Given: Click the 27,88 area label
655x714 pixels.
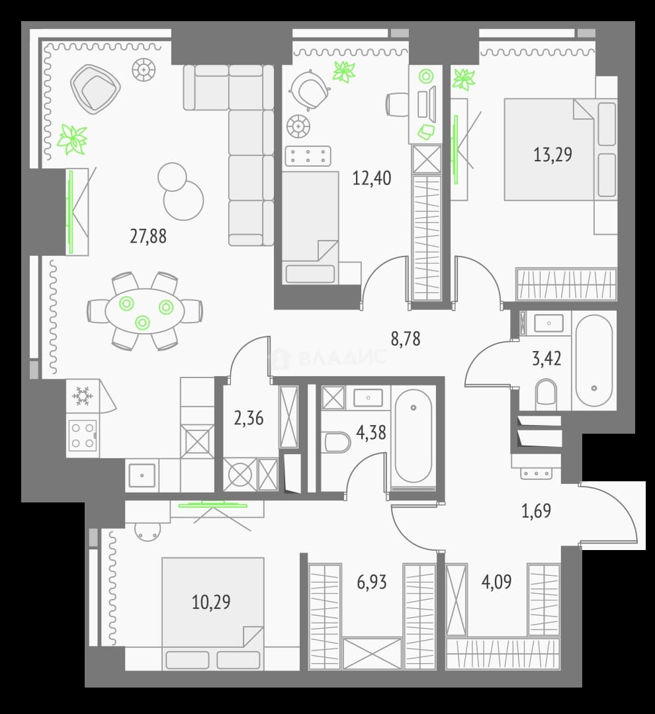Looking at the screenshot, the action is click(148, 236).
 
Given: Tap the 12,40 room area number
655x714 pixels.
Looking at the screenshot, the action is click(372, 178).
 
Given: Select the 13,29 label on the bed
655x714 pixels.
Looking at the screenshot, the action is click(552, 155).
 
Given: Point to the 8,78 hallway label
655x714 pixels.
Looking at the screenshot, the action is click(406, 338).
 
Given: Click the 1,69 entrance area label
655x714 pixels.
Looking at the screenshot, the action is click(536, 511).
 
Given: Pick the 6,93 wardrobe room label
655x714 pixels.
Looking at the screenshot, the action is click(371, 582).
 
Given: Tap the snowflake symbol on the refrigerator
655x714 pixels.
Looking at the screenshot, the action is click(82, 396).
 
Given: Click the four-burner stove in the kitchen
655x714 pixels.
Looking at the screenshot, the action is click(83, 435).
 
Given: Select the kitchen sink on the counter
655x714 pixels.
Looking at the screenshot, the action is click(142, 475).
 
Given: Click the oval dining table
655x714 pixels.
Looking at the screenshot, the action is click(145, 311).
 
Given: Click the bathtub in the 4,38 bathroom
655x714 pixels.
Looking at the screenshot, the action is click(413, 436).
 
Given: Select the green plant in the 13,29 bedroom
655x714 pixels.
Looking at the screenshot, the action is click(464, 79).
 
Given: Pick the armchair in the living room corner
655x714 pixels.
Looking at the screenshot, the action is click(95, 89).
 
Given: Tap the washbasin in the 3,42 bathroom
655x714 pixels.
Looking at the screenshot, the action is click(548, 323).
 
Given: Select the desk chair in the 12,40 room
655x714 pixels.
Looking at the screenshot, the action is click(309, 90).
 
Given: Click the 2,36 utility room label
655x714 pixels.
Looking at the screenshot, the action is click(248, 418).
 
